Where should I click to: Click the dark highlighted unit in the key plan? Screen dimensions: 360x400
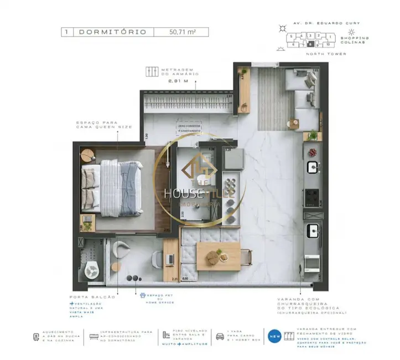311,43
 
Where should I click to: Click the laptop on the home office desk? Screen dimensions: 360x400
170,258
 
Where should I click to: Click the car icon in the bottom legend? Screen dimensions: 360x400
220,336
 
